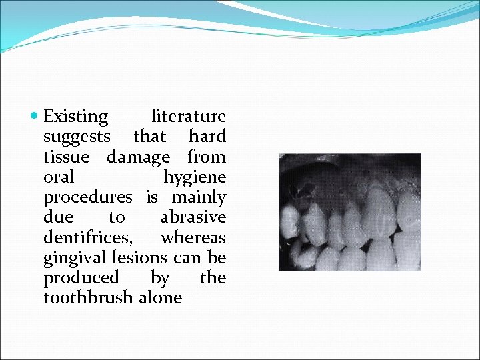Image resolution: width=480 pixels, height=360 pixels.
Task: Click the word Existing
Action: point(75,117)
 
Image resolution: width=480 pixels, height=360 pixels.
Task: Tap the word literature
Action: point(189,117)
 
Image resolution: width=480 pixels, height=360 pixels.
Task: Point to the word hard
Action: point(207,137)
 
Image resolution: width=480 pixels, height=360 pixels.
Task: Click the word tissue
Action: point(65,157)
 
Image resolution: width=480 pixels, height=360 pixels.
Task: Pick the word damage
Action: point(138,158)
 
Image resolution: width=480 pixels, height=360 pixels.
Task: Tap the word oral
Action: point(59,177)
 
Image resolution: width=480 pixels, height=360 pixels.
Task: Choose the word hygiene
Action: point(195,178)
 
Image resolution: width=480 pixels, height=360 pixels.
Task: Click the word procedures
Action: point(88,198)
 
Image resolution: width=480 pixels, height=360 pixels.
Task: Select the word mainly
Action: point(199,198)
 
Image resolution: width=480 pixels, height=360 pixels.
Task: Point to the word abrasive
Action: point(193,217)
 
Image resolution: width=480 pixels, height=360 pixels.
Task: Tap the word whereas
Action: point(193,237)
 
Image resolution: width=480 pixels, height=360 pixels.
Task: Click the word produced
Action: point(81,277)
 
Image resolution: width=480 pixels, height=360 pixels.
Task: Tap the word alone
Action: point(160,297)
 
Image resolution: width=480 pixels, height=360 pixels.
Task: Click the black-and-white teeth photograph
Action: point(350,212)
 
